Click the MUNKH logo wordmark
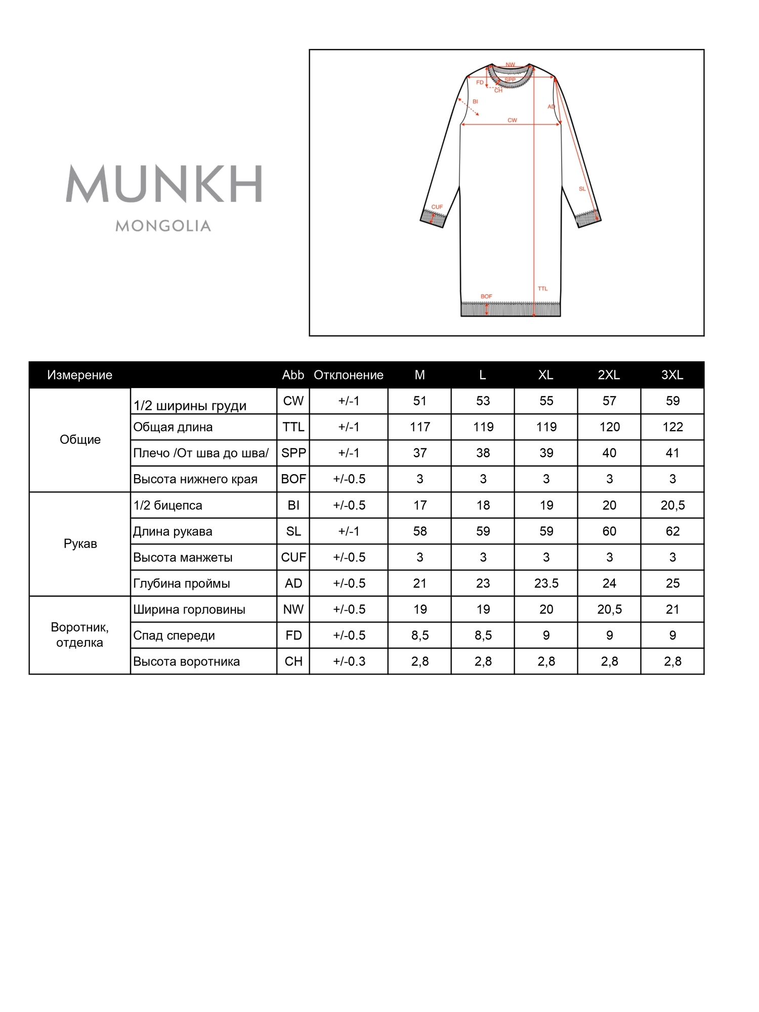[x=164, y=184]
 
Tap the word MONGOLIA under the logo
[x=163, y=226]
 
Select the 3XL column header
[x=672, y=375]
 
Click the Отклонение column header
[x=349, y=375]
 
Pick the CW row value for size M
[x=419, y=401]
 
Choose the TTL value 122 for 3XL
[x=672, y=427]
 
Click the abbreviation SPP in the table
[x=293, y=453]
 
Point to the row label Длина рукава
[x=173, y=531]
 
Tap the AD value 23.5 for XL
[x=546, y=583]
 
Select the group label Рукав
[x=80, y=544]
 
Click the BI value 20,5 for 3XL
[x=672, y=505]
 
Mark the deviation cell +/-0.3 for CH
[x=349, y=661]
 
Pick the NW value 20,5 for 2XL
[x=609, y=609]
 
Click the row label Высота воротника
[x=186, y=661]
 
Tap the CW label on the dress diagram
[x=512, y=120]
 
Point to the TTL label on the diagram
[x=542, y=288]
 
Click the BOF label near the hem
[x=486, y=297]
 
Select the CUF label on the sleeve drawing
[x=437, y=207]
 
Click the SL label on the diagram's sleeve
[x=582, y=189]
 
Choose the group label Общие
[x=80, y=440]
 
